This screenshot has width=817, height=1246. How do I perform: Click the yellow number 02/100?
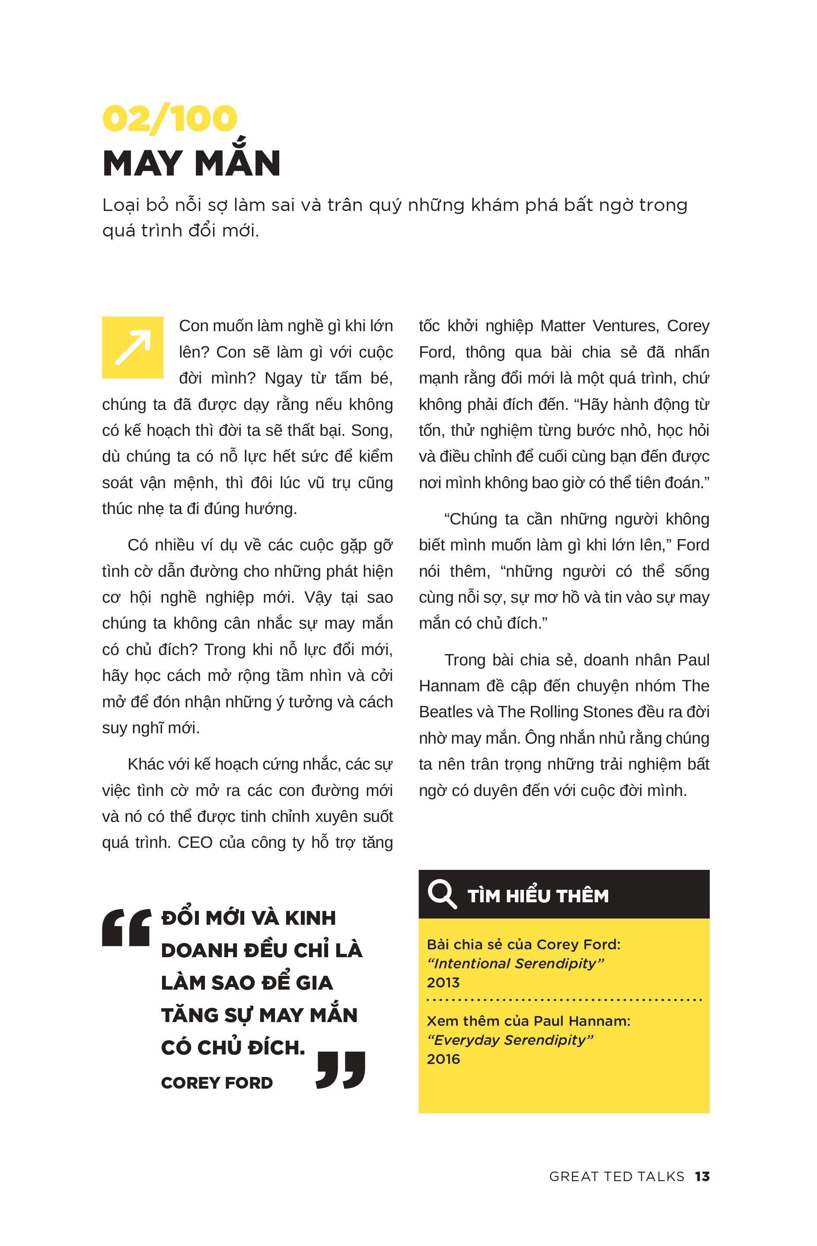tap(169, 118)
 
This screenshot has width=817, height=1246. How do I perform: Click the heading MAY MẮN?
tap(191, 163)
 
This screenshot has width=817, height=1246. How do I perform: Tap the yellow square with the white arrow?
tap(132, 347)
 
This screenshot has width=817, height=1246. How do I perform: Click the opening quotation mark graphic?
tap(126, 928)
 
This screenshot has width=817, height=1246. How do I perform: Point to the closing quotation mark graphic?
tap(341, 1070)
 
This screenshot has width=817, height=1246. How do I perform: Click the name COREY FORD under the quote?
tap(217, 1083)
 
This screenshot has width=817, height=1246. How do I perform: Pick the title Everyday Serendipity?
tap(510, 1040)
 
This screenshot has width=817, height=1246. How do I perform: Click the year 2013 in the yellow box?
tap(443, 982)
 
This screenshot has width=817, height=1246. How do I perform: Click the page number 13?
tap(702, 1176)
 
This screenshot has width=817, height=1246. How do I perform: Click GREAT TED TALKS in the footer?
tap(616, 1176)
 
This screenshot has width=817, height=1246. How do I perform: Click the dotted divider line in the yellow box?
tap(564, 1000)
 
